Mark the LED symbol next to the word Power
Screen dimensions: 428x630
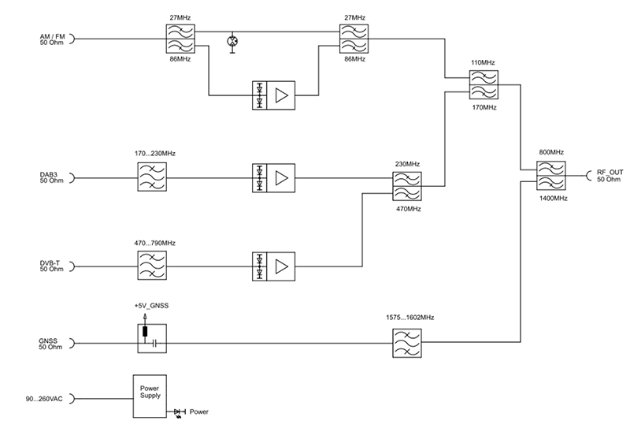pyautogui.click(x=179, y=411)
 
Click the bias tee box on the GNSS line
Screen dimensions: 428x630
pyautogui.click(x=148, y=337)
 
